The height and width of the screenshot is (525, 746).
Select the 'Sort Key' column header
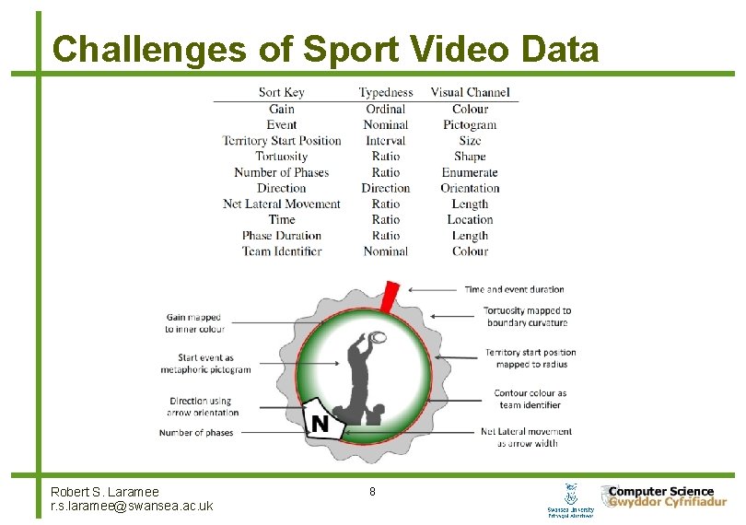[282, 92]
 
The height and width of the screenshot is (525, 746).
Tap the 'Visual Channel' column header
[470, 92]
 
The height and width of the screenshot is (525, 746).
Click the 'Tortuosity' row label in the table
[282, 156]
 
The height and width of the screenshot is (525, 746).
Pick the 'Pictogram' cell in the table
[470, 124]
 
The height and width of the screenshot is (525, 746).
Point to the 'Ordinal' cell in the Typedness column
[385, 109]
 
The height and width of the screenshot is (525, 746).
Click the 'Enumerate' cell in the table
[470, 172]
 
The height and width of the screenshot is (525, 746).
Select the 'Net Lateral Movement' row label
[282, 204]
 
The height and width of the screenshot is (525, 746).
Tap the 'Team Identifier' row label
[282, 251]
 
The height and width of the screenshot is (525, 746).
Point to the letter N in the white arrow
[320, 424]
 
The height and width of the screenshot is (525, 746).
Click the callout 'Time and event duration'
[514, 289]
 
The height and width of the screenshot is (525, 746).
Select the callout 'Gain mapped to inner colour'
[194, 323]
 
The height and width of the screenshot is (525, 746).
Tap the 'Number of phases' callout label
[196, 432]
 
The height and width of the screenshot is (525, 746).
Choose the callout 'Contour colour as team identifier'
[530, 399]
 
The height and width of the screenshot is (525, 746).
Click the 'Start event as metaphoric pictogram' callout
[205, 364]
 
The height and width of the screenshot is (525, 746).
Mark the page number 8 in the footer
[372, 492]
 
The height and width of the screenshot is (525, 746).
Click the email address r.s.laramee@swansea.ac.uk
[132, 506]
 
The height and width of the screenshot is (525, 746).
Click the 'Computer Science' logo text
[660, 492]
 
